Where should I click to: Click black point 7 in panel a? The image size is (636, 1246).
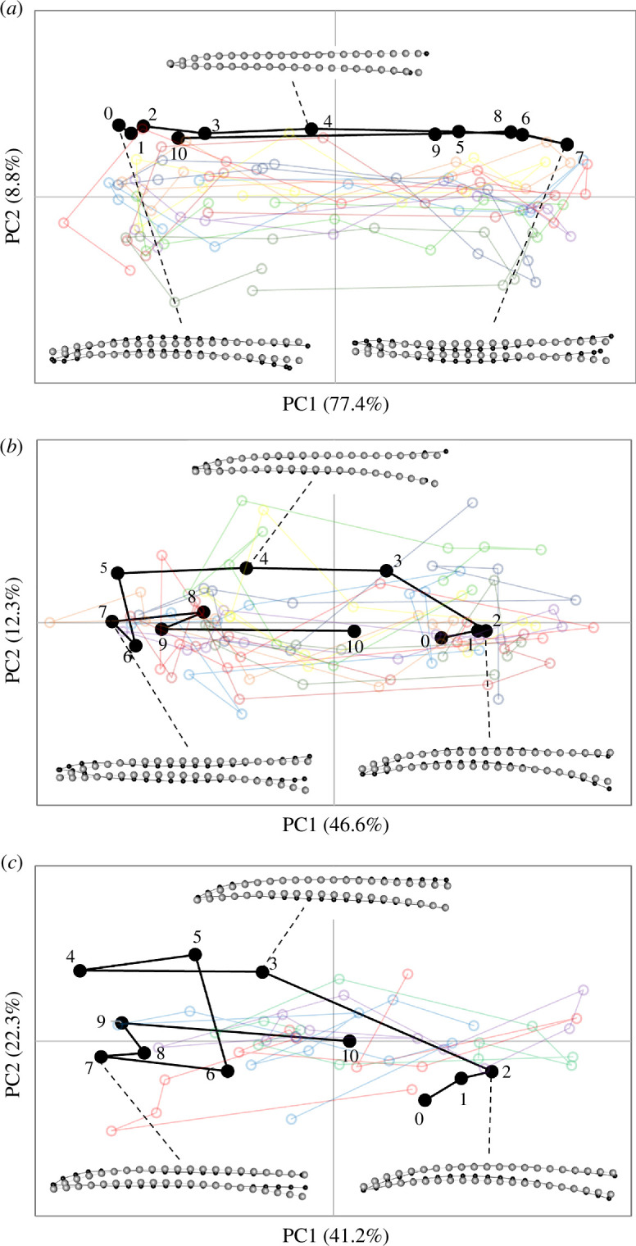click(566, 144)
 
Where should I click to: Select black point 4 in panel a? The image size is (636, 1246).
click(311, 129)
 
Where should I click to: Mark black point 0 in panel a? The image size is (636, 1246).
click(119, 125)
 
